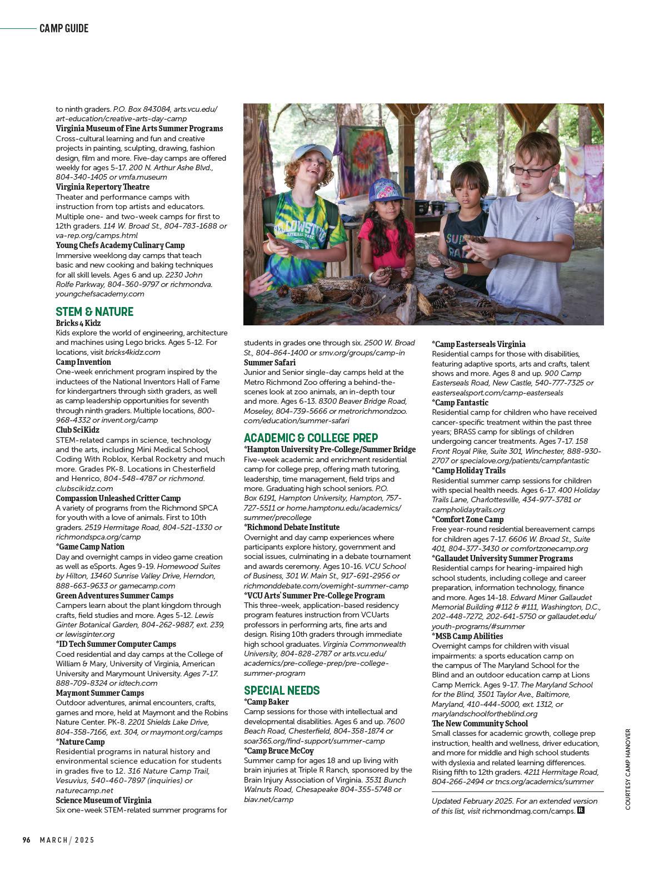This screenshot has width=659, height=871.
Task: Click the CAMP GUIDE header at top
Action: (64, 28)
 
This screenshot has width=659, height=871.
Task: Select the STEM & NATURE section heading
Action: (94, 311)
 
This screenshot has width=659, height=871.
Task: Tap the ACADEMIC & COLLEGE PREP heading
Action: (311, 438)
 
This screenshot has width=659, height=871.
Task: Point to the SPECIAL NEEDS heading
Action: (282, 691)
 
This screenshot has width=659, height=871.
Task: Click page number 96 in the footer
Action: (26, 840)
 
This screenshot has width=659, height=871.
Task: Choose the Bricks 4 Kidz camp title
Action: (78, 323)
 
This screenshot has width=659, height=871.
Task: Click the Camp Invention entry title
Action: (83, 362)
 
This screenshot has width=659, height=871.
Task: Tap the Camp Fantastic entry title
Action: (461, 403)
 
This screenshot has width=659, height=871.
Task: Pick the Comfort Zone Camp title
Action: (468, 519)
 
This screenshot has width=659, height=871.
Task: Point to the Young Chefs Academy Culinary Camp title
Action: (120, 245)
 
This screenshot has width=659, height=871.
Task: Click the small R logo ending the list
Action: (581, 810)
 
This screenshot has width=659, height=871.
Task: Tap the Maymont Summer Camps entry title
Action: (100, 693)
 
